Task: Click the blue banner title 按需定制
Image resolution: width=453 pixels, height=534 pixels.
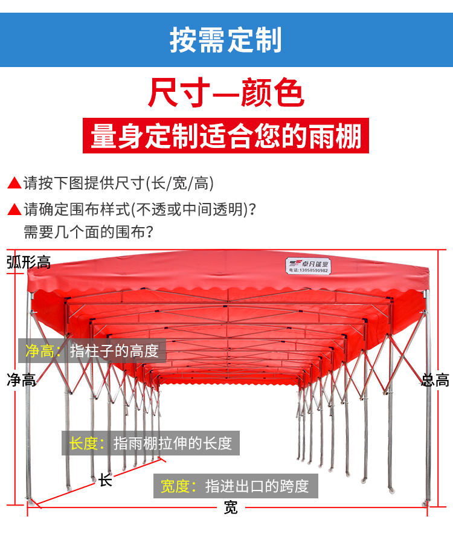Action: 225,40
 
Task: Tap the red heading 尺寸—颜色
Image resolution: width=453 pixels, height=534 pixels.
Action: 226,92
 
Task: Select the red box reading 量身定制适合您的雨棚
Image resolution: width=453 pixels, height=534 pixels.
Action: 226,135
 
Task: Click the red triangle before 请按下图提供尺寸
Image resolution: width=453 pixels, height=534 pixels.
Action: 14,183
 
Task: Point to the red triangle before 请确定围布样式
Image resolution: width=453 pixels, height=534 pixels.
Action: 14,209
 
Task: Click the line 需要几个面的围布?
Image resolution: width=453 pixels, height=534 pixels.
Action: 88,232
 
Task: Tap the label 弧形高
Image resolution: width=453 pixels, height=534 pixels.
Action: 28,262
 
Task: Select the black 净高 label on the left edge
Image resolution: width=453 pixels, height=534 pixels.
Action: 21,380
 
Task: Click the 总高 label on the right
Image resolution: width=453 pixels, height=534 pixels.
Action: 435,380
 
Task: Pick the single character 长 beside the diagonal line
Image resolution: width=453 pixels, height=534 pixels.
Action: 105,480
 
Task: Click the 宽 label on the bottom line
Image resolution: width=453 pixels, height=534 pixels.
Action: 231,507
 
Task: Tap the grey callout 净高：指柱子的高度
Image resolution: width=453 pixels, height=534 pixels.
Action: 92,351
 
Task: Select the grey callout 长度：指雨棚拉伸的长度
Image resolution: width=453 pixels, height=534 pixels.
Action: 150,443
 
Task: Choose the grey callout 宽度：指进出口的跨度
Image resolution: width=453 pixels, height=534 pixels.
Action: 236,486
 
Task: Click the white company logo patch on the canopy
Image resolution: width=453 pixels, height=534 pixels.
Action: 308,266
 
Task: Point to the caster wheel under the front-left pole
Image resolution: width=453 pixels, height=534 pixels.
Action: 31,501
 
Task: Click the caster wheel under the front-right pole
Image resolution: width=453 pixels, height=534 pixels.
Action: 426,503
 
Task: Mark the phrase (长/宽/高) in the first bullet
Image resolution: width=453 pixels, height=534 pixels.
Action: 180,183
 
